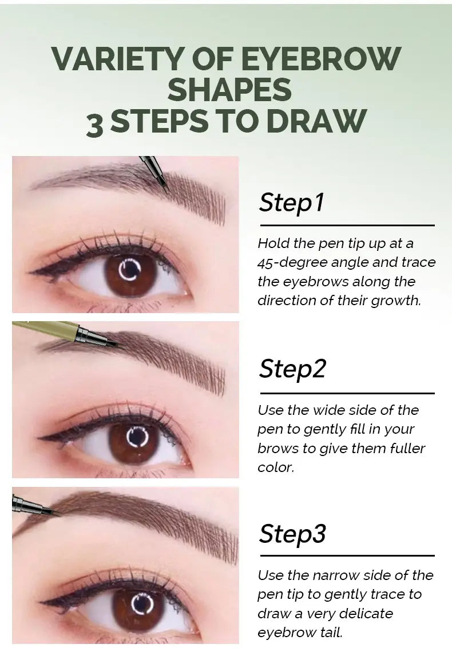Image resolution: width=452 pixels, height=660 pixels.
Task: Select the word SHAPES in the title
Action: coord(229,90)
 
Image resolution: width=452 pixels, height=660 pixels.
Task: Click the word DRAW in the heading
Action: coord(316,121)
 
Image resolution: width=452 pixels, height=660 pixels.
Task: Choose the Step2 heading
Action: coord(292,369)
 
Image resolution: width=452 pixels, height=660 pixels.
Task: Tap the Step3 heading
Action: coord(292,534)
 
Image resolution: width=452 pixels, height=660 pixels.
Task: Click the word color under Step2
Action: coord(275,467)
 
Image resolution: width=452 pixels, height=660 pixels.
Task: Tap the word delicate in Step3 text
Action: coord(366,613)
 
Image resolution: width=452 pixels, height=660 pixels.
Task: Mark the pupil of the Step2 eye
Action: coord(136,438)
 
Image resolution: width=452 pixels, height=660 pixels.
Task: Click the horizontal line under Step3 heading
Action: coord(347,555)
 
